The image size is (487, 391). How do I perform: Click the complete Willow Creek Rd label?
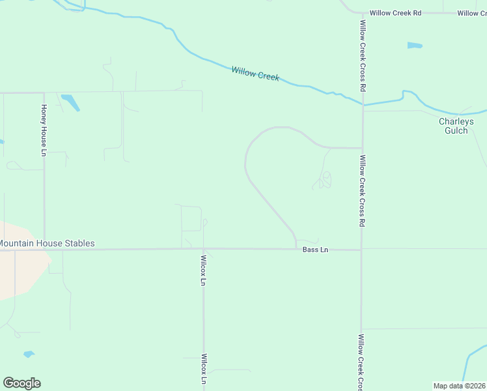pos(396,13)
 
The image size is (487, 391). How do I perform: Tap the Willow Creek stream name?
pos(255,73)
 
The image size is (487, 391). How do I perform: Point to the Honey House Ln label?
pos(44,130)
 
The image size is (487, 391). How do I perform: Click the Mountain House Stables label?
pos(46,244)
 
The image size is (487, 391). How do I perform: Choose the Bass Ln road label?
pos(315,250)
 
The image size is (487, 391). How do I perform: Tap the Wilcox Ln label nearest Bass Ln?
pos(203,270)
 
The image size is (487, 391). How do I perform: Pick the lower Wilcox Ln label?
pos(204,369)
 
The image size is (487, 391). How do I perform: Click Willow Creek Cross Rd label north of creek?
pos(363,55)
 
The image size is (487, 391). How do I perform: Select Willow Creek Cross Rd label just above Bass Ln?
pos(362,190)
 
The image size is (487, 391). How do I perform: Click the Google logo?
pos(21,383)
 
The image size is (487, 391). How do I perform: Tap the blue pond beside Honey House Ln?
pos(70,102)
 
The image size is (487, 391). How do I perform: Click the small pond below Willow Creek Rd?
pos(415,46)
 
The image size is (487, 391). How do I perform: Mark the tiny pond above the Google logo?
pos(28,355)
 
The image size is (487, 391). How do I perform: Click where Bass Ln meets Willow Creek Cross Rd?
pos(361,250)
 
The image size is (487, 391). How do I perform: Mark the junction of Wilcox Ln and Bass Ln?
pos(203,249)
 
